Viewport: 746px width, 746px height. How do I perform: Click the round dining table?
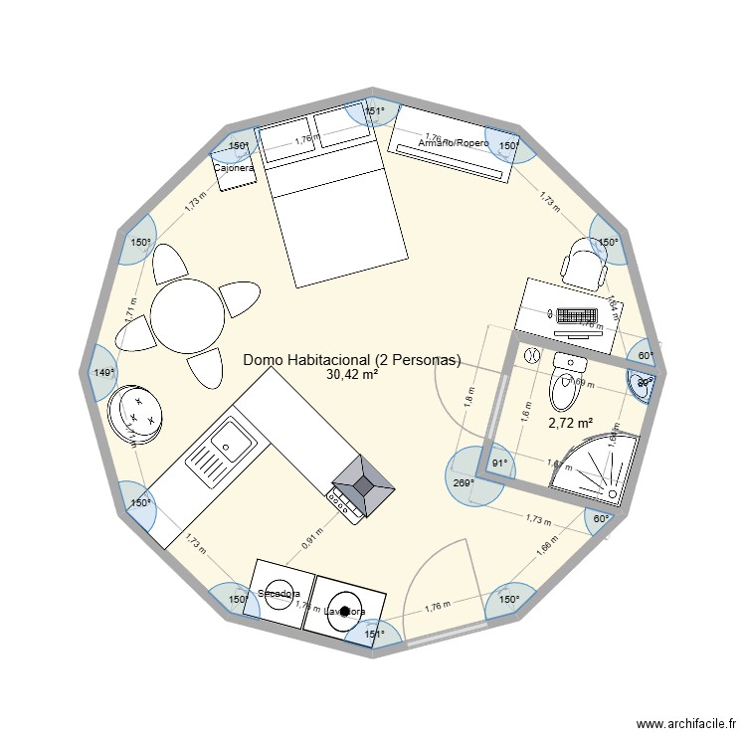(x=189, y=314)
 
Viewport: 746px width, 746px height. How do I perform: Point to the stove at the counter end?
(x=360, y=487)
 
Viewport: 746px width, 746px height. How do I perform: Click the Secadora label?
(x=279, y=594)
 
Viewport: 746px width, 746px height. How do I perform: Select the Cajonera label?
(x=235, y=169)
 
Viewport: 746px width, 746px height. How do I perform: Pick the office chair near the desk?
(x=580, y=263)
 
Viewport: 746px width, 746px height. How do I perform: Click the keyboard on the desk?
(x=576, y=316)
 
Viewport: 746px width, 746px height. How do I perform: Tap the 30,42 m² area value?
(x=352, y=375)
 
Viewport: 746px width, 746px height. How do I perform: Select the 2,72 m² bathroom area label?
(x=571, y=423)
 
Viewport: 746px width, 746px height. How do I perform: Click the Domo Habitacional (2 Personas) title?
(x=352, y=360)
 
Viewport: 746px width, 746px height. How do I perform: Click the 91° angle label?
(x=499, y=463)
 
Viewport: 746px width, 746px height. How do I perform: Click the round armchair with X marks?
(x=135, y=411)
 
